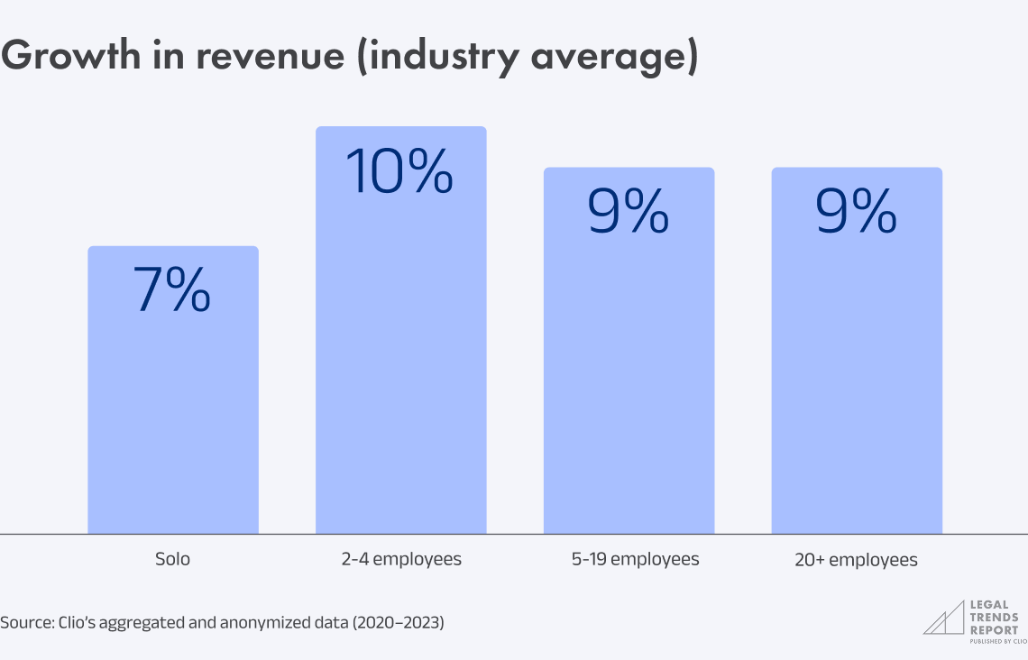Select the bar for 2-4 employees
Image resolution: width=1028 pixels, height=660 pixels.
pyautogui.click(x=400, y=361)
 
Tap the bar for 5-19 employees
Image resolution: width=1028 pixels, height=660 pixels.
pyautogui.click(x=629, y=379)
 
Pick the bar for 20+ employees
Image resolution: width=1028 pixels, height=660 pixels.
pyautogui.click(x=857, y=379)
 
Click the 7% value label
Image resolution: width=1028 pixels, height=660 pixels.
pyautogui.click(x=172, y=290)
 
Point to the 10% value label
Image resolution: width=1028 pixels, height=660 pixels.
pyautogui.click(x=400, y=171)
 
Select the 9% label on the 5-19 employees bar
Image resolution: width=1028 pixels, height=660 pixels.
pyautogui.click(x=629, y=212)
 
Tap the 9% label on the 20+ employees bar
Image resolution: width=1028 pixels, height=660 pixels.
pyautogui.click(x=857, y=212)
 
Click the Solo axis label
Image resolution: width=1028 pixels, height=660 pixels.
pyautogui.click(x=172, y=559)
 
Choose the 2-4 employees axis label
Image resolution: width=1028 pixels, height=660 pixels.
pyautogui.click(x=400, y=559)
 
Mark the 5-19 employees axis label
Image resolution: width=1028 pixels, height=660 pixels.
pyautogui.click(x=635, y=559)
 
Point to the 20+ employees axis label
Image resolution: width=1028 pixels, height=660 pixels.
pyautogui.click(x=857, y=560)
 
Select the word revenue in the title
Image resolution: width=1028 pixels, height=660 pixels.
pyautogui.click(x=275, y=56)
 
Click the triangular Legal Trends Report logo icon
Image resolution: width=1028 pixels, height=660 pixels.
pyautogui.click(x=942, y=619)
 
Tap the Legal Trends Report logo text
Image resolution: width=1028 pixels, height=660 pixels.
pyautogui.click(x=994, y=619)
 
